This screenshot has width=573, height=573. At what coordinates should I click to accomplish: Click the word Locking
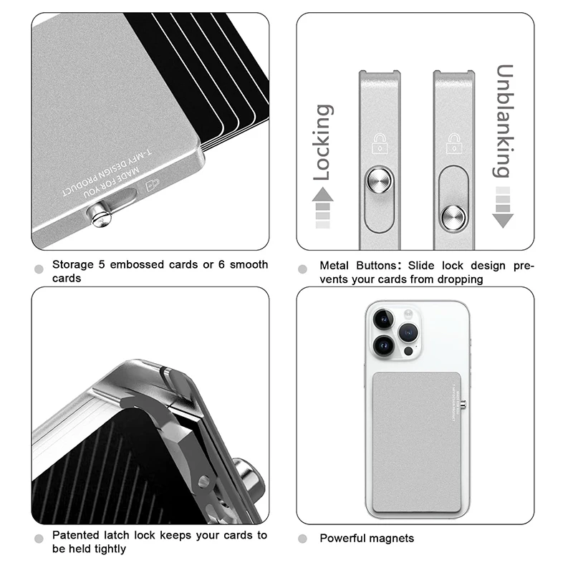point(322,142)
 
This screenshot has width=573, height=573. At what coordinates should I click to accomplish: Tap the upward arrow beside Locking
point(323,196)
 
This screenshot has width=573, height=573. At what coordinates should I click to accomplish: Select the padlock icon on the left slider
point(378,144)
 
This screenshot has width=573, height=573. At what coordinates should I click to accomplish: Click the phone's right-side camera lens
point(409,332)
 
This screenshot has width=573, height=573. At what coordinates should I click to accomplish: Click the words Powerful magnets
point(367,538)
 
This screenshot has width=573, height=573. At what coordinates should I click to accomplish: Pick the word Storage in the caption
point(74,265)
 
